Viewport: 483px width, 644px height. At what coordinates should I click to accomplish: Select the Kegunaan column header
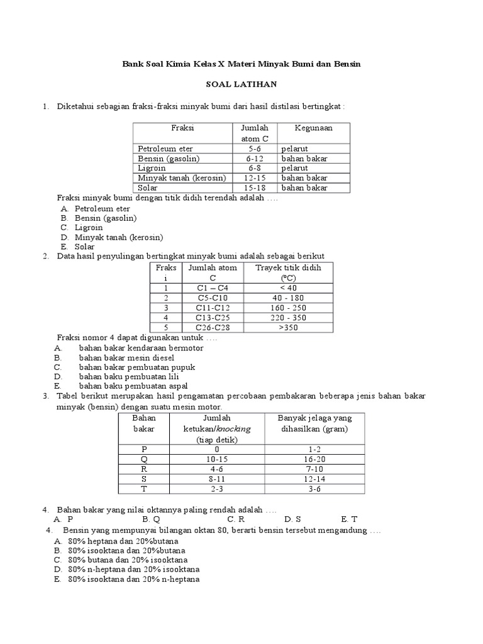pos(313,128)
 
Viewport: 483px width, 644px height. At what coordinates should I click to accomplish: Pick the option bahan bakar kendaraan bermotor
pos(141,348)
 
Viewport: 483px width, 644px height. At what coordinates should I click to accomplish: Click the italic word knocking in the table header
pos(233,428)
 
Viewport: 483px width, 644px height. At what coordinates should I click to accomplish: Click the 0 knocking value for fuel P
pos(216,450)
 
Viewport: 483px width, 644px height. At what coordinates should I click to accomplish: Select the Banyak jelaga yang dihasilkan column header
pos(314,423)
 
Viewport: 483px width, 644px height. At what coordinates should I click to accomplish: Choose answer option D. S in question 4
pos(292,519)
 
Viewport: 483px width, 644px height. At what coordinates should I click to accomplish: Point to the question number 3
pos(46,396)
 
